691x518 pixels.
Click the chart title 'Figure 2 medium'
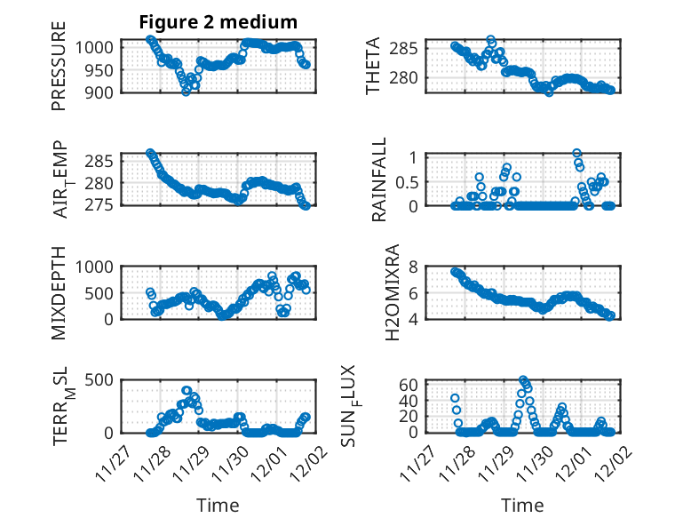click(x=218, y=21)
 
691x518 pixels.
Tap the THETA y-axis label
click(x=373, y=67)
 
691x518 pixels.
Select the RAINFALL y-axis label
click(x=379, y=180)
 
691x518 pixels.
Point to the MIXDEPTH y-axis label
click(x=59, y=291)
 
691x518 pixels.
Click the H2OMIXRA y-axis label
click(x=392, y=291)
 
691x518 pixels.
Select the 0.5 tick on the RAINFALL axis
click(x=406, y=181)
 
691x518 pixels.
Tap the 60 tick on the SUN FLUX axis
click(x=409, y=384)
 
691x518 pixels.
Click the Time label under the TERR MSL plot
click(x=218, y=505)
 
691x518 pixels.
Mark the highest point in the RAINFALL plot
click(x=577, y=154)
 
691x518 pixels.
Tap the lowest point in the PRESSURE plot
click(x=186, y=91)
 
